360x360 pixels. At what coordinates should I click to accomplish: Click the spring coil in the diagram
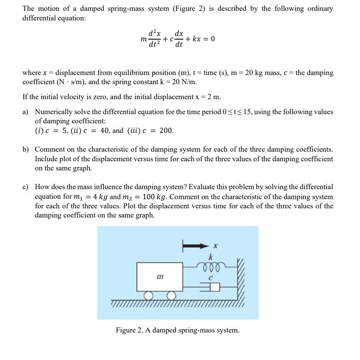coord(212,265)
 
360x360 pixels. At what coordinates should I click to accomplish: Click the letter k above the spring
coord(212,255)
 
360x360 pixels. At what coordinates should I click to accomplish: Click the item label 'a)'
coord(26,112)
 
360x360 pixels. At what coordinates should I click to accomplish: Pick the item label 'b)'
coord(26,149)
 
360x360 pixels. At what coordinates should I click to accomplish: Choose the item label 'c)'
coord(26,187)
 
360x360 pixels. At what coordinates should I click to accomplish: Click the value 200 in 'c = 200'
coord(167,131)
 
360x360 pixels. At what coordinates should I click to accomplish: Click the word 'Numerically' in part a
coord(54,112)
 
